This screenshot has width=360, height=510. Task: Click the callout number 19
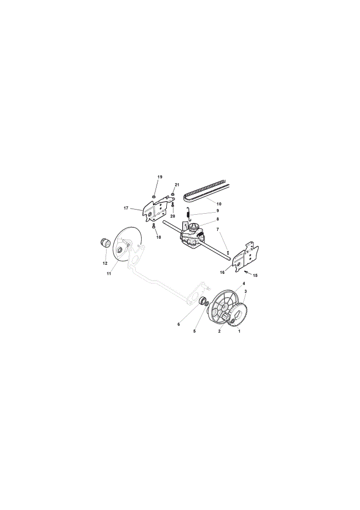(x=160, y=177)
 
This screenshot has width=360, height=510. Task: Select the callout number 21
(x=177, y=185)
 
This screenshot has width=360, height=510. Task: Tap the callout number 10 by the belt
(x=219, y=204)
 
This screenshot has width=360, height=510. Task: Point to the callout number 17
(x=126, y=208)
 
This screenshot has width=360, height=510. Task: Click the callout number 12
(x=105, y=264)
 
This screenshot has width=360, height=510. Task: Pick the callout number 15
(x=255, y=275)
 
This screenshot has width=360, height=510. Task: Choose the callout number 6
(x=178, y=324)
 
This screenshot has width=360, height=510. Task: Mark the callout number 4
(x=244, y=284)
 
